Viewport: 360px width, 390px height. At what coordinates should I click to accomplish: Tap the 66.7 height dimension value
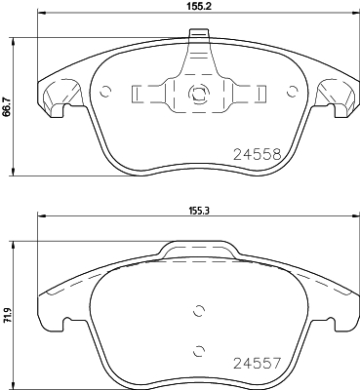[x=5, y=106]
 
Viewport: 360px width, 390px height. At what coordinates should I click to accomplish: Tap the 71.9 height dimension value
[x=5, y=316]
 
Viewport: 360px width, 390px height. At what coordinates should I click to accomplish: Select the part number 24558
[x=258, y=155]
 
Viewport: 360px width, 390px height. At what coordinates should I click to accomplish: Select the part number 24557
[x=258, y=364]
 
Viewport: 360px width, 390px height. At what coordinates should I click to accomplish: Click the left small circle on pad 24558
[x=105, y=92]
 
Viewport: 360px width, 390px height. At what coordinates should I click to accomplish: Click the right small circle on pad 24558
[x=293, y=92]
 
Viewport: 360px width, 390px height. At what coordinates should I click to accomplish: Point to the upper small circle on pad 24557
[x=199, y=311]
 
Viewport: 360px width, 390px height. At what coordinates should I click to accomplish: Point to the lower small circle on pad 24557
[x=199, y=350]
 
